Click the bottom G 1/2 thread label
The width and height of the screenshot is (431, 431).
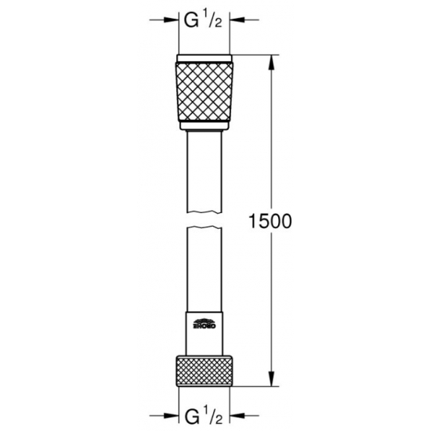point(205,411)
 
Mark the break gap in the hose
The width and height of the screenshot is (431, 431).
point(205,219)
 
